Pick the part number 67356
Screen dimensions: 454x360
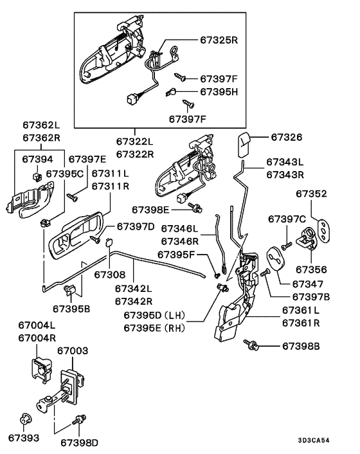[x=311, y=269]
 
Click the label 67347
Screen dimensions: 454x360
[x=308, y=283]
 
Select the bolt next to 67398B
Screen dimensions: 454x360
[x=252, y=346]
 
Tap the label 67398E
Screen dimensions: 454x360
[x=151, y=209]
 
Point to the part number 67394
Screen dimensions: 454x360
[x=38, y=158]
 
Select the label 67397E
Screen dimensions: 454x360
[x=87, y=158]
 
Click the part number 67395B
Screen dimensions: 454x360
[x=71, y=309]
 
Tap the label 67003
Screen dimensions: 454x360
[x=74, y=352]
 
